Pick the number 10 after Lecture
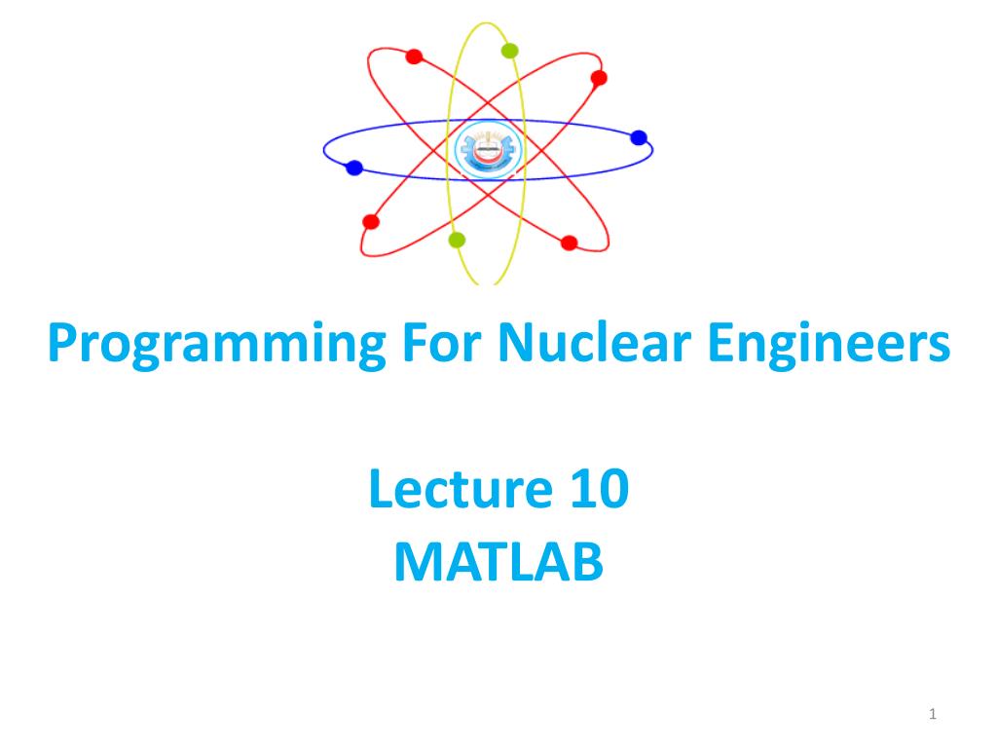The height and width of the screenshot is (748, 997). tap(600, 488)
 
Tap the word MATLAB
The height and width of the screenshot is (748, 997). tap(498, 562)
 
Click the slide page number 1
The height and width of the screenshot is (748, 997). tap(932, 714)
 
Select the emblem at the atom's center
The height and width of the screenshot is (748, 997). tap(488, 150)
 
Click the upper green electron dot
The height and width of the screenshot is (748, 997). tap(509, 51)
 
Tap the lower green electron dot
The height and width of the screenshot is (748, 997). tap(457, 240)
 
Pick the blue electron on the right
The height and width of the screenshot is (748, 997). tap(639, 137)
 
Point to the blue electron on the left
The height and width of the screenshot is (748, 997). tap(354, 168)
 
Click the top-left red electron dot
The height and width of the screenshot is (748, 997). tap(414, 56)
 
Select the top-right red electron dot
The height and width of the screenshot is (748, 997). tap(599, 78)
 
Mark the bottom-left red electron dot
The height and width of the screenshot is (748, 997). tap(371, 221)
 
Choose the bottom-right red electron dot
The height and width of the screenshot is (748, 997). tap(569, 243)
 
